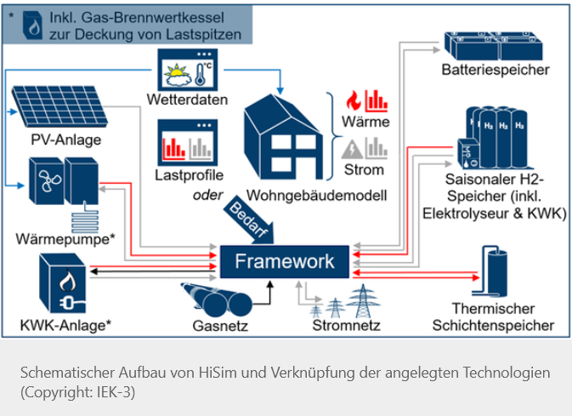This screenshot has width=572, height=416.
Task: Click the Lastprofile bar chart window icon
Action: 186,142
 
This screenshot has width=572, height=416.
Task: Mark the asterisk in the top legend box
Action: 12,14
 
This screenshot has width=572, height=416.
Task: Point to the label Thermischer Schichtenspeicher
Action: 493,316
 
